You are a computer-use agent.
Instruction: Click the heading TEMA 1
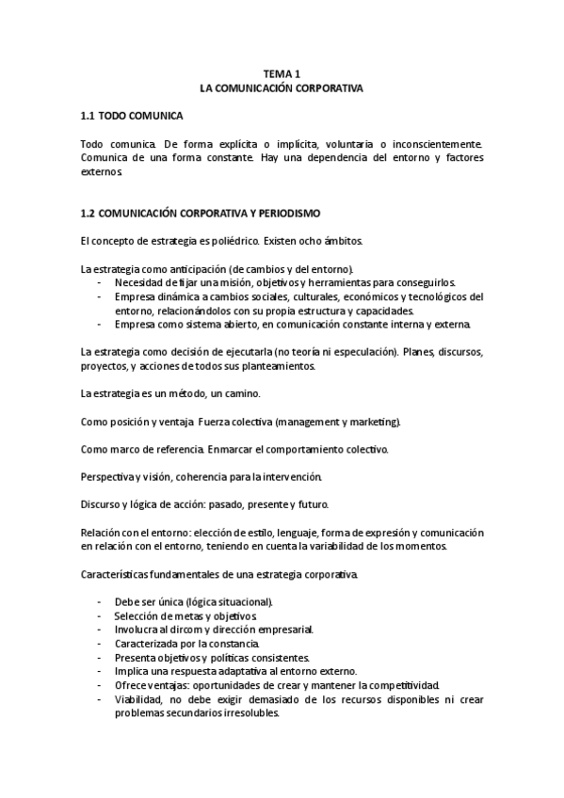(x=282, y=73)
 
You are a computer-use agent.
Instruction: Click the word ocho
(x=307, y=241)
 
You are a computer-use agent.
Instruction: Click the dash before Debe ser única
(x=100, y=601)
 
